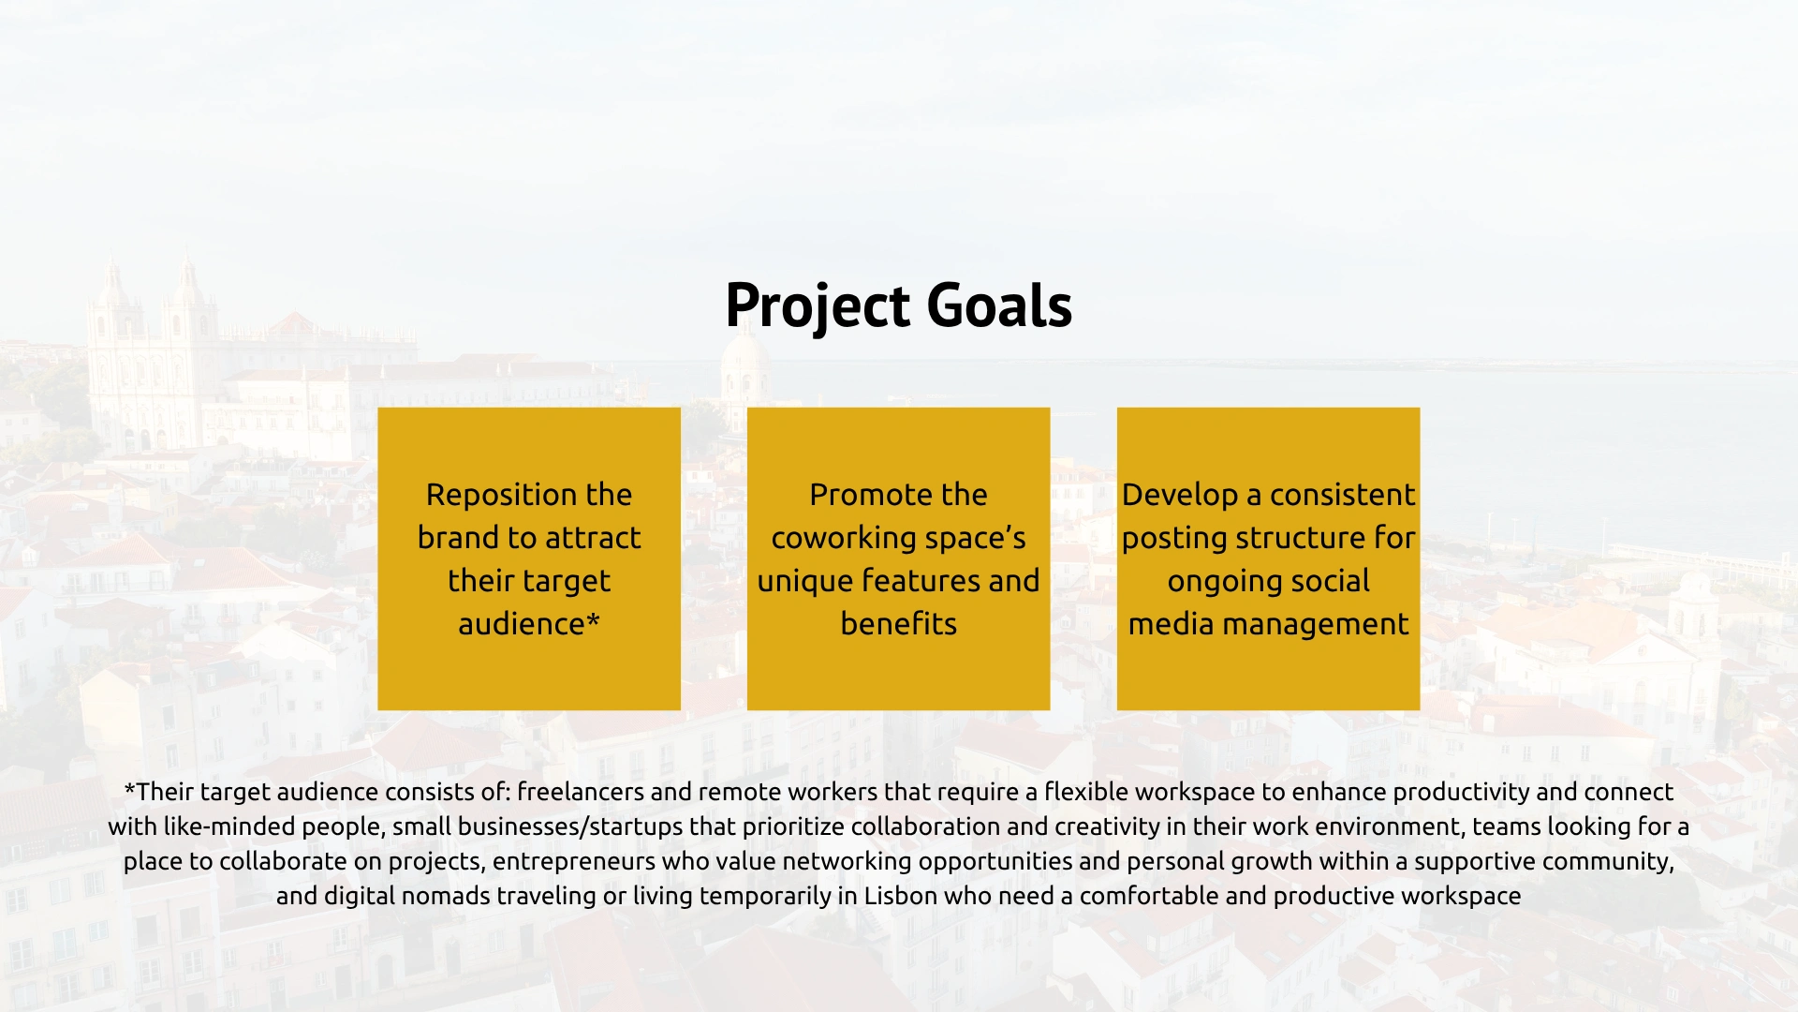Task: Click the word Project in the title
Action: click(818, 306)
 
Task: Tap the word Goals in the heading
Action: click(999, 305)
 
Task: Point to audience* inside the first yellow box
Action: click(529, 624)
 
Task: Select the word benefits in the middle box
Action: click(899, 624)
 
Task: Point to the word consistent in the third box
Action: click(1343, 495)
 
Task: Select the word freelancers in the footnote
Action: click(581, 792)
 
